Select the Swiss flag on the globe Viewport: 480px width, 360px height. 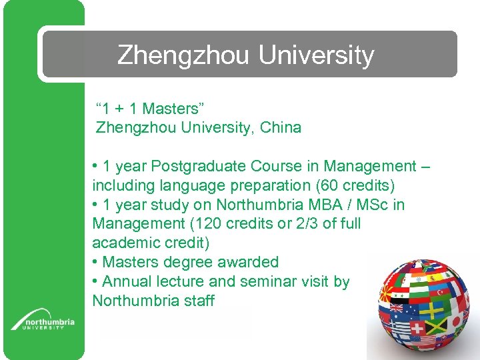417,328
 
